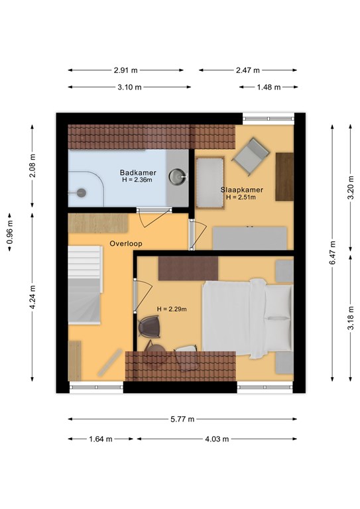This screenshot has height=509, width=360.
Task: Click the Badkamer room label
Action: [138, 173]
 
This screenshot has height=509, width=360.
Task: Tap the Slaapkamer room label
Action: [242, 190]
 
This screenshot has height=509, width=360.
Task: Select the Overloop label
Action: [126, 243]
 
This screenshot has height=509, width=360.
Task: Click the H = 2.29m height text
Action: [172, 309]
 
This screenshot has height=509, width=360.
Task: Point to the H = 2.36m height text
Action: [137, 180]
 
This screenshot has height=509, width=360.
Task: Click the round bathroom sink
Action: [177, 176]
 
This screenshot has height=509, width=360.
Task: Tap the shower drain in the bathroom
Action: [81, 193]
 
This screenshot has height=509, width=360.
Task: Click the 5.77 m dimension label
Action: [182, 419]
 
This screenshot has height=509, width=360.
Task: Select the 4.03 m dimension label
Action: [217, 439]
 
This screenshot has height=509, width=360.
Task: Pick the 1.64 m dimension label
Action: [101, 439]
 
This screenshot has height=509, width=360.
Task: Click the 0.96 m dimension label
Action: [10, 232]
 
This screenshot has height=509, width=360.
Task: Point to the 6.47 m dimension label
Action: [332, 253]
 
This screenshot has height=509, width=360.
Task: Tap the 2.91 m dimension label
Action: [126, 70]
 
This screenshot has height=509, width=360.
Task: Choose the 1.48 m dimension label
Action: [269, 87]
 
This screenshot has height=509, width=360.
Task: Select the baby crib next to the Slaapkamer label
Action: [210, 183]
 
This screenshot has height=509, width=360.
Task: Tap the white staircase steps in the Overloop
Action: [85, 284]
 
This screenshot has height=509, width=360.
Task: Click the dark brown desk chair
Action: [150, 327]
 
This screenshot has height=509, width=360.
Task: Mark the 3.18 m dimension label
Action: [351, 317]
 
